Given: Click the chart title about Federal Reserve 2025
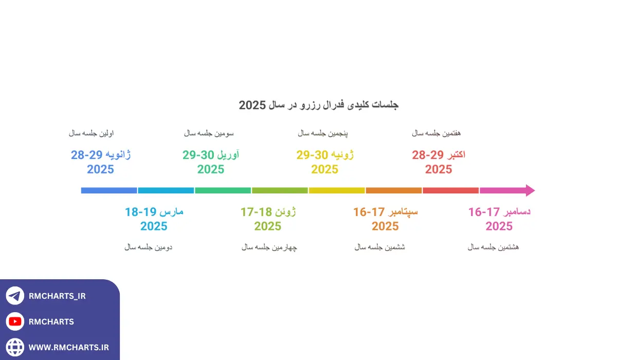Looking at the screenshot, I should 319,105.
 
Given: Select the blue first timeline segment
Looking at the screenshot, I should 109,190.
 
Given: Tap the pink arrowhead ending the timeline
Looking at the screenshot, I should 530,190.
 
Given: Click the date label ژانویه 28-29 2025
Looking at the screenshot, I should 101,161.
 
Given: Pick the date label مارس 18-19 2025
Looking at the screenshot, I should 154,219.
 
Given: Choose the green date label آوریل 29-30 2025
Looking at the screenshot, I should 211,161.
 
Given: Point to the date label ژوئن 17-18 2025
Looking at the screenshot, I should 268,219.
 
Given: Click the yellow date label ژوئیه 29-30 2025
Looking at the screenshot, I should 325,161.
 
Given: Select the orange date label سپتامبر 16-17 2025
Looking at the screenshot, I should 385,219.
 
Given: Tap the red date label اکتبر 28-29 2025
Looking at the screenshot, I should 439,161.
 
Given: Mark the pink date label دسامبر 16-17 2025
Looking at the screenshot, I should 499,219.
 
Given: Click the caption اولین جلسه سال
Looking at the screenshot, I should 92,133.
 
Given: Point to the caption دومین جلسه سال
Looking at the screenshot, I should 148,247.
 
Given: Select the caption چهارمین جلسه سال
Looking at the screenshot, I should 269,247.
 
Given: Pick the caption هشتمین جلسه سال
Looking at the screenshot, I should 493,247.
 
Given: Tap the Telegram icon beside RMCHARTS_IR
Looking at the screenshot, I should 15,296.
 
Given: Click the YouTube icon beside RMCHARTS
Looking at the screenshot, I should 15,321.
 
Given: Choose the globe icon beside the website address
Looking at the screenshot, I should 15,347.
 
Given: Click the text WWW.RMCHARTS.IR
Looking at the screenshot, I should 68,348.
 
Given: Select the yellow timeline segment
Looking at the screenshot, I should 337,190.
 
